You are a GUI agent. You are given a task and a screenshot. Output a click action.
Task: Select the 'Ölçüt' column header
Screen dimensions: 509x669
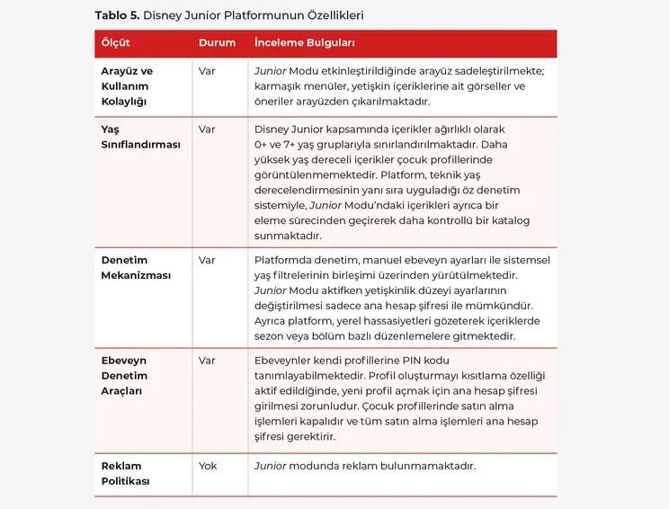point(115,43)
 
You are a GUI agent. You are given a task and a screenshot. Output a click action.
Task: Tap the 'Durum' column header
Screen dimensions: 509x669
point(217,43)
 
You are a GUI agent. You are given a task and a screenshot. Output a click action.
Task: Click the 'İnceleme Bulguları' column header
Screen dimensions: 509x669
point(304,43)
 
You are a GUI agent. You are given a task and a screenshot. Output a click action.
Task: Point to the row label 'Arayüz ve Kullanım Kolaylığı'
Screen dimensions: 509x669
point(127,86)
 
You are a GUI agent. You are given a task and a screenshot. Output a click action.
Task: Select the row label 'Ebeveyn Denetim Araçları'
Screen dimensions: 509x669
point(124,376)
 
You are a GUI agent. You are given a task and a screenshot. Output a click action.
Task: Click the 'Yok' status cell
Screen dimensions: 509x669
point(208,466)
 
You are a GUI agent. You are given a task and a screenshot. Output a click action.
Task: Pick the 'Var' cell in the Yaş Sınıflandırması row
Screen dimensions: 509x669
point(207,129)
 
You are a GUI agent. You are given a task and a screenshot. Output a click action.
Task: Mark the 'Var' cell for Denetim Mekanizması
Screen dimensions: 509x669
point(207,261)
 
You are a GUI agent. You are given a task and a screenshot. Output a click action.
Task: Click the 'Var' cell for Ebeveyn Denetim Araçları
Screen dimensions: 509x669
point(207,361)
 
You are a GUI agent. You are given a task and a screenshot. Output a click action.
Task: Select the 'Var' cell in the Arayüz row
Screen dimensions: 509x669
point(207,71)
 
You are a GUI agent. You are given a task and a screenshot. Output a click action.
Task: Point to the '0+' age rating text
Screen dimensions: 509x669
point(263,144)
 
